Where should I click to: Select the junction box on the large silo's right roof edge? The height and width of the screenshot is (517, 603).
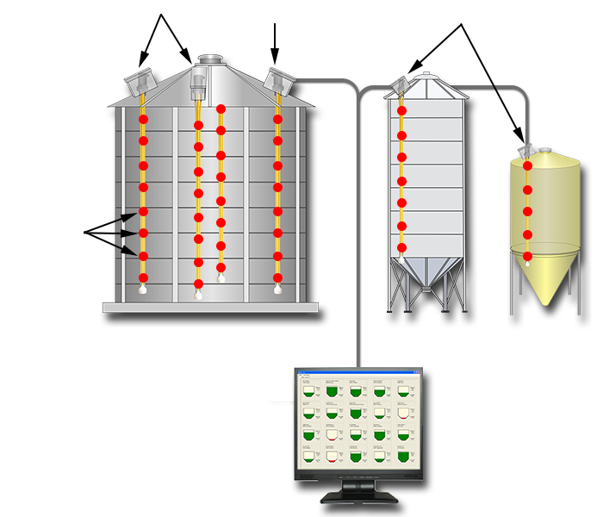278,80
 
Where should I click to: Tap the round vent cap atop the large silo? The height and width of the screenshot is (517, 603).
208,59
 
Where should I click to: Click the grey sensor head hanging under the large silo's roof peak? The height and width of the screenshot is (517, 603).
198,85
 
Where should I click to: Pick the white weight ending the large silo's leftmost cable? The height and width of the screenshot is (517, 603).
143,290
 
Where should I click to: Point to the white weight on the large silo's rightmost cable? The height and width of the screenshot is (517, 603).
277,290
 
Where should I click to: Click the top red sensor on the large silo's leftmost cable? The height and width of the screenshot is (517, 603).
144,119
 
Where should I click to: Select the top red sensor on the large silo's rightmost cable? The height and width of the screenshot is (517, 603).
277,119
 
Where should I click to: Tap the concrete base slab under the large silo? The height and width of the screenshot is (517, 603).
210,307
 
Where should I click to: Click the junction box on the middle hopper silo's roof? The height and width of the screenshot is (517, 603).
401,84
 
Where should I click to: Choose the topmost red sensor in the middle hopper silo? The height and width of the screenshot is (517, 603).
401,113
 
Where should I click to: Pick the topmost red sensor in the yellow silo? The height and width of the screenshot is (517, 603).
528,165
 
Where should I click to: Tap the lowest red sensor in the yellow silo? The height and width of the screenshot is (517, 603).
528,256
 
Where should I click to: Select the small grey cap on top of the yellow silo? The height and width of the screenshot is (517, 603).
544,150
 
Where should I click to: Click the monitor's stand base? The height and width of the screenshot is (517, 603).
357,497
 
